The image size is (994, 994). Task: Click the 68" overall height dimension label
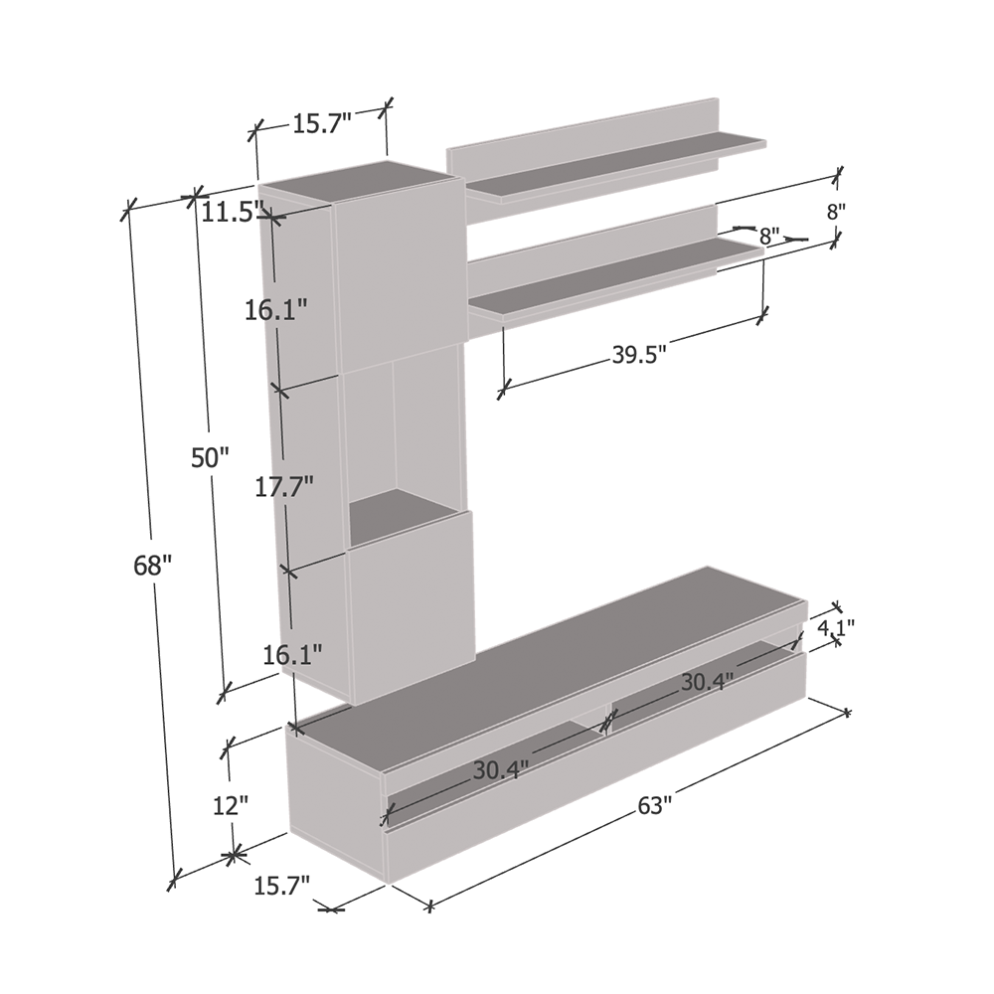153,565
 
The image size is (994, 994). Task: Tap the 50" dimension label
210,457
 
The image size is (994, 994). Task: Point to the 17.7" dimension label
284,487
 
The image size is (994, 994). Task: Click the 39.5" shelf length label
639,355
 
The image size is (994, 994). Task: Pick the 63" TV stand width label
654,806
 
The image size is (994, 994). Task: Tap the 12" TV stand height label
231,806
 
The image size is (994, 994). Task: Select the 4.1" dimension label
836,627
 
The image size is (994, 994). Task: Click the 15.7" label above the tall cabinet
322,123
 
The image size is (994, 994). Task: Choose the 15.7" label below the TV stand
282,885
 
